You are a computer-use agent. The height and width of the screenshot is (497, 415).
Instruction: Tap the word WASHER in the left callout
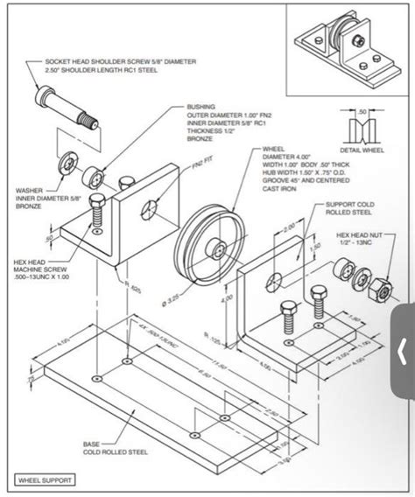[x=27, y=189]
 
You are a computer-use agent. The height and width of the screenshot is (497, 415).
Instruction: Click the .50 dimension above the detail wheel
[x=361, y=112]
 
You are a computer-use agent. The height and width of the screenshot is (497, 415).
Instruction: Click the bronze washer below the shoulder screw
[x=66, y=162]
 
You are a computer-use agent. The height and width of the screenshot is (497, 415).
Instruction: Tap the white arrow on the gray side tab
[x=402, y=352]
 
